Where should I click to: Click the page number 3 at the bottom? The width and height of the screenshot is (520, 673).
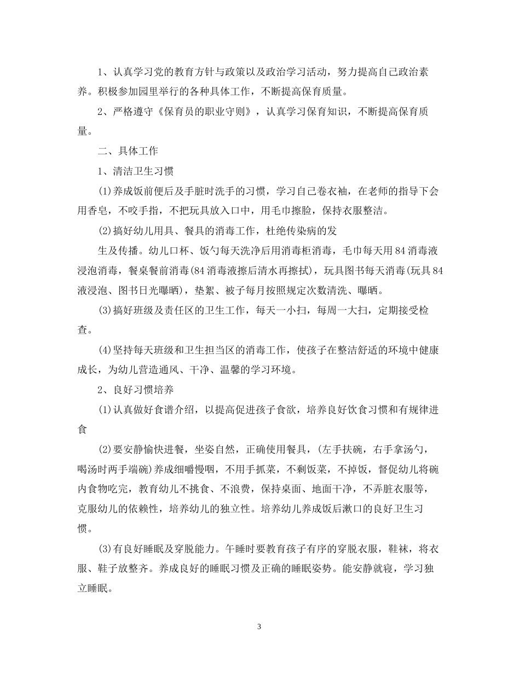(259, 626)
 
